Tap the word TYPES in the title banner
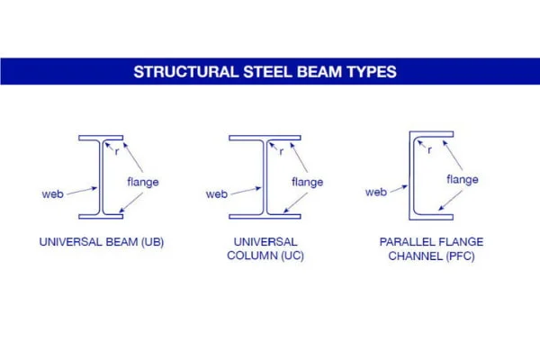click(372, 72)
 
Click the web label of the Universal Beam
click(53, 194)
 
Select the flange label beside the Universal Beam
click(143, 182)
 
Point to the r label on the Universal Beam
click(117, 151)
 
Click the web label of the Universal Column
click(217, 194)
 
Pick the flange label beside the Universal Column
click(307, 182)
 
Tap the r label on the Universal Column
click(282, 151)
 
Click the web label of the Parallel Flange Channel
click(376, 192)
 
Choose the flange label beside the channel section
click(463, 179)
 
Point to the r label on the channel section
click(429, 150)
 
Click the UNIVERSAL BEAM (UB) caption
click(102, 242)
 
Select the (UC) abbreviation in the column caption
click(292, 256)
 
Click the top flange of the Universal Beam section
click(101, 138)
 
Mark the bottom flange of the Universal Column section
click(265, 217)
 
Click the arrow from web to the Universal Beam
click(82, 191)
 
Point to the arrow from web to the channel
click(399, 189)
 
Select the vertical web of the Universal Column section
click(265, 177)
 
